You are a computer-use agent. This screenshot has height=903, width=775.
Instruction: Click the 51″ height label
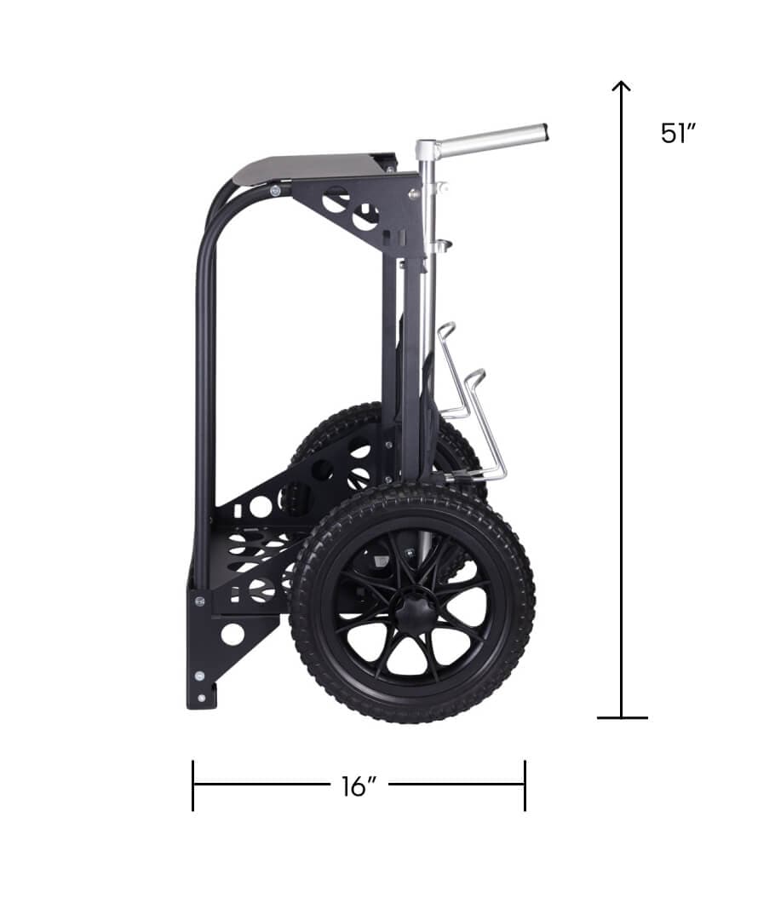click(679, 134)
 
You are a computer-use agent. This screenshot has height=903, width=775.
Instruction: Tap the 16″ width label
click(359, 786)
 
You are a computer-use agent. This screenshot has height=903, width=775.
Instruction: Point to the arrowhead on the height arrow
click(622, 86)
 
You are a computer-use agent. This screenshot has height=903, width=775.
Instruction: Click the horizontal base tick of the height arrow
click(622, 718)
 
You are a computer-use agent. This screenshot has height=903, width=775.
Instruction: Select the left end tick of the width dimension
click(193, 785)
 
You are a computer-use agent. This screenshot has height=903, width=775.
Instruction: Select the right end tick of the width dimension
click(525, 785)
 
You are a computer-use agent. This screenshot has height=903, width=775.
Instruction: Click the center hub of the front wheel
click(413, 606)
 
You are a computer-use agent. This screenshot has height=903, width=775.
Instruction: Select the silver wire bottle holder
click(468, 400)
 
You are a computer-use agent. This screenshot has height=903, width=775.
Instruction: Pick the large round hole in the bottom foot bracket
click(232, 634)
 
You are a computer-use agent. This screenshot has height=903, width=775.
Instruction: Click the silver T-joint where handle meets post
click(426, 150)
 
